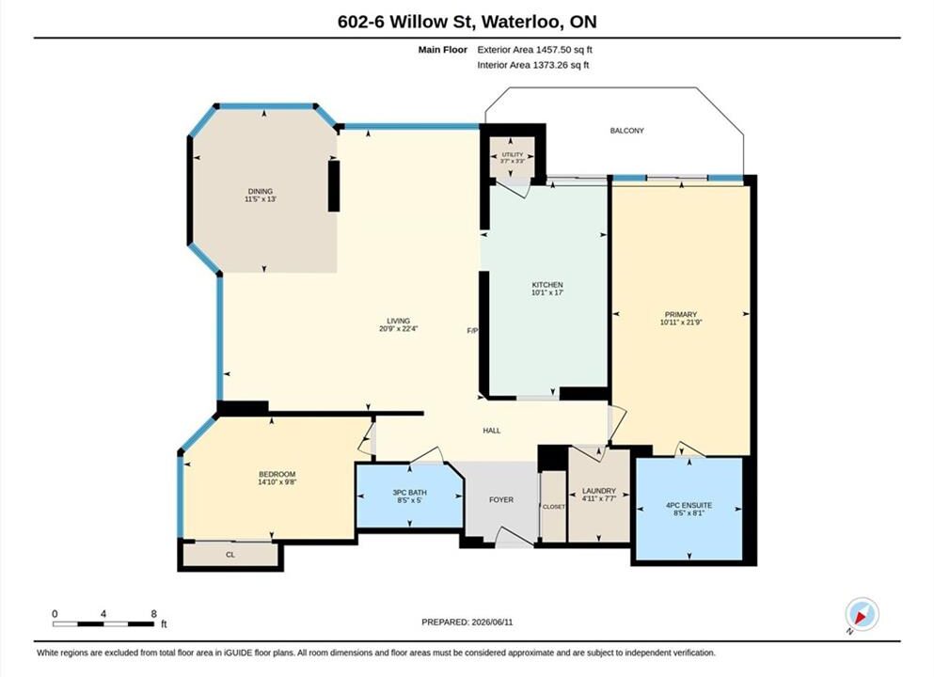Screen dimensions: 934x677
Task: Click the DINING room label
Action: (x=261, y=191)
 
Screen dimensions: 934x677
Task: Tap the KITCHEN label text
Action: (x=547, y=285)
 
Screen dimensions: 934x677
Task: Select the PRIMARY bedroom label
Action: (x=681, y=314)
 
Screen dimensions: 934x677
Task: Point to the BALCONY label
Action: (x=626, y=131)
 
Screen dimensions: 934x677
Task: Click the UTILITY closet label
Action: (x=513, y=155)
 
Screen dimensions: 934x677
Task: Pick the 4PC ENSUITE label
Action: (x=689, y=505)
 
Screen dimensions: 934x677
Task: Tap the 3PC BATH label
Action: (x=410, y=493)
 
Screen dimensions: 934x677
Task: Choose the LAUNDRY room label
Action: (x=598, y=491)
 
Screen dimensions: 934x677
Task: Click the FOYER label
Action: (x=501, y=500)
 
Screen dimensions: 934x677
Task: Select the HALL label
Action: (x=491, y=431)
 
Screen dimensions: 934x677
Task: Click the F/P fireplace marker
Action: (x=472, y=330)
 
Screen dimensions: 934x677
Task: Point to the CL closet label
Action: (x=230, y=555)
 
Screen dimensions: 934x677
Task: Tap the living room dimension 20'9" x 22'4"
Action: (x=399, y=328)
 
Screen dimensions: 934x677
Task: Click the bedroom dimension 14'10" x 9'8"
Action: (x=277, y=481)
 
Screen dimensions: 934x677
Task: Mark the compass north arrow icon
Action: (x=862, y=615)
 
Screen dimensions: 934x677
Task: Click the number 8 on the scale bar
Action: (x=153, y=614)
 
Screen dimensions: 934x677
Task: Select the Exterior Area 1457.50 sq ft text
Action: (x=535, y=50)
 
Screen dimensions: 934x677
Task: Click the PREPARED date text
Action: (x=467, y=622)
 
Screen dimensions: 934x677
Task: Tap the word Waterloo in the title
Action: (x=520, y=22)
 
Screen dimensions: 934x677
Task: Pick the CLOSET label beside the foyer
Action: (x=553, y=507)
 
